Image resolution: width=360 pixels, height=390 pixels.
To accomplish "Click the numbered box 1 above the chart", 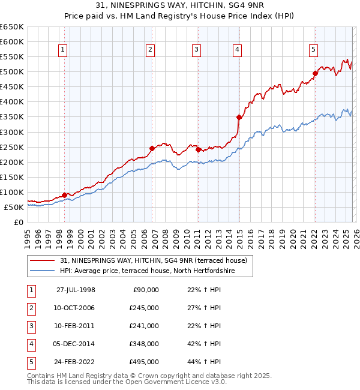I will coord(63,50).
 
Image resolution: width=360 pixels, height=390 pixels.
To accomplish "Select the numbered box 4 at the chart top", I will coord(238,50).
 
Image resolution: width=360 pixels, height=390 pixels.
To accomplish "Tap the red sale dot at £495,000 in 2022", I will coord(315,73).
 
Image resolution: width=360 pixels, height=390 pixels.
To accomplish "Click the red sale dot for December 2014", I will coord(239,117).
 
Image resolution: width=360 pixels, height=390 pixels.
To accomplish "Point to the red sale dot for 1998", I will coord(64,195).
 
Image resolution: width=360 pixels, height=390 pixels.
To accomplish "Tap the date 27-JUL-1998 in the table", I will coord(76,290).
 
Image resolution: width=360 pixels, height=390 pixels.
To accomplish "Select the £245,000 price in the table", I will coord(144,308).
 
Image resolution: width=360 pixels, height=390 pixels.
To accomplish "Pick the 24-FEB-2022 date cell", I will coord(76,362).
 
